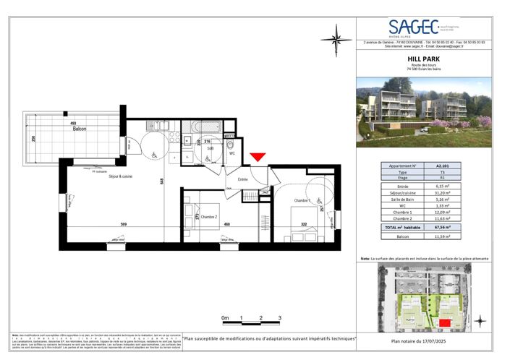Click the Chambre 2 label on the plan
(209, 217)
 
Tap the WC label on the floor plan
(232, 153)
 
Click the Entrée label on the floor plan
(243, 179)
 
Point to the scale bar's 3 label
(279, 318)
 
